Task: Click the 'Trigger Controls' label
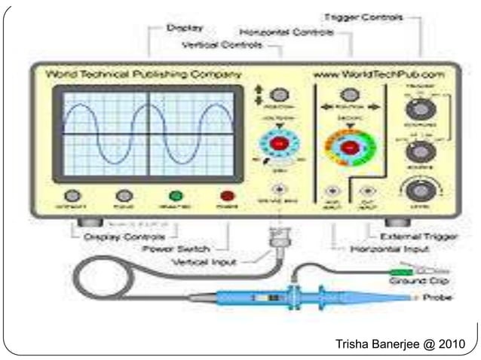point(361,16)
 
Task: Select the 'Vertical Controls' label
point(223,45)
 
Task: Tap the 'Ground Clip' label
point(414,281)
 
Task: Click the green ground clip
point(400,269)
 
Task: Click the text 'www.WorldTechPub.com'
point(378,75)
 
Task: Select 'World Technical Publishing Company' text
point(144,75)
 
